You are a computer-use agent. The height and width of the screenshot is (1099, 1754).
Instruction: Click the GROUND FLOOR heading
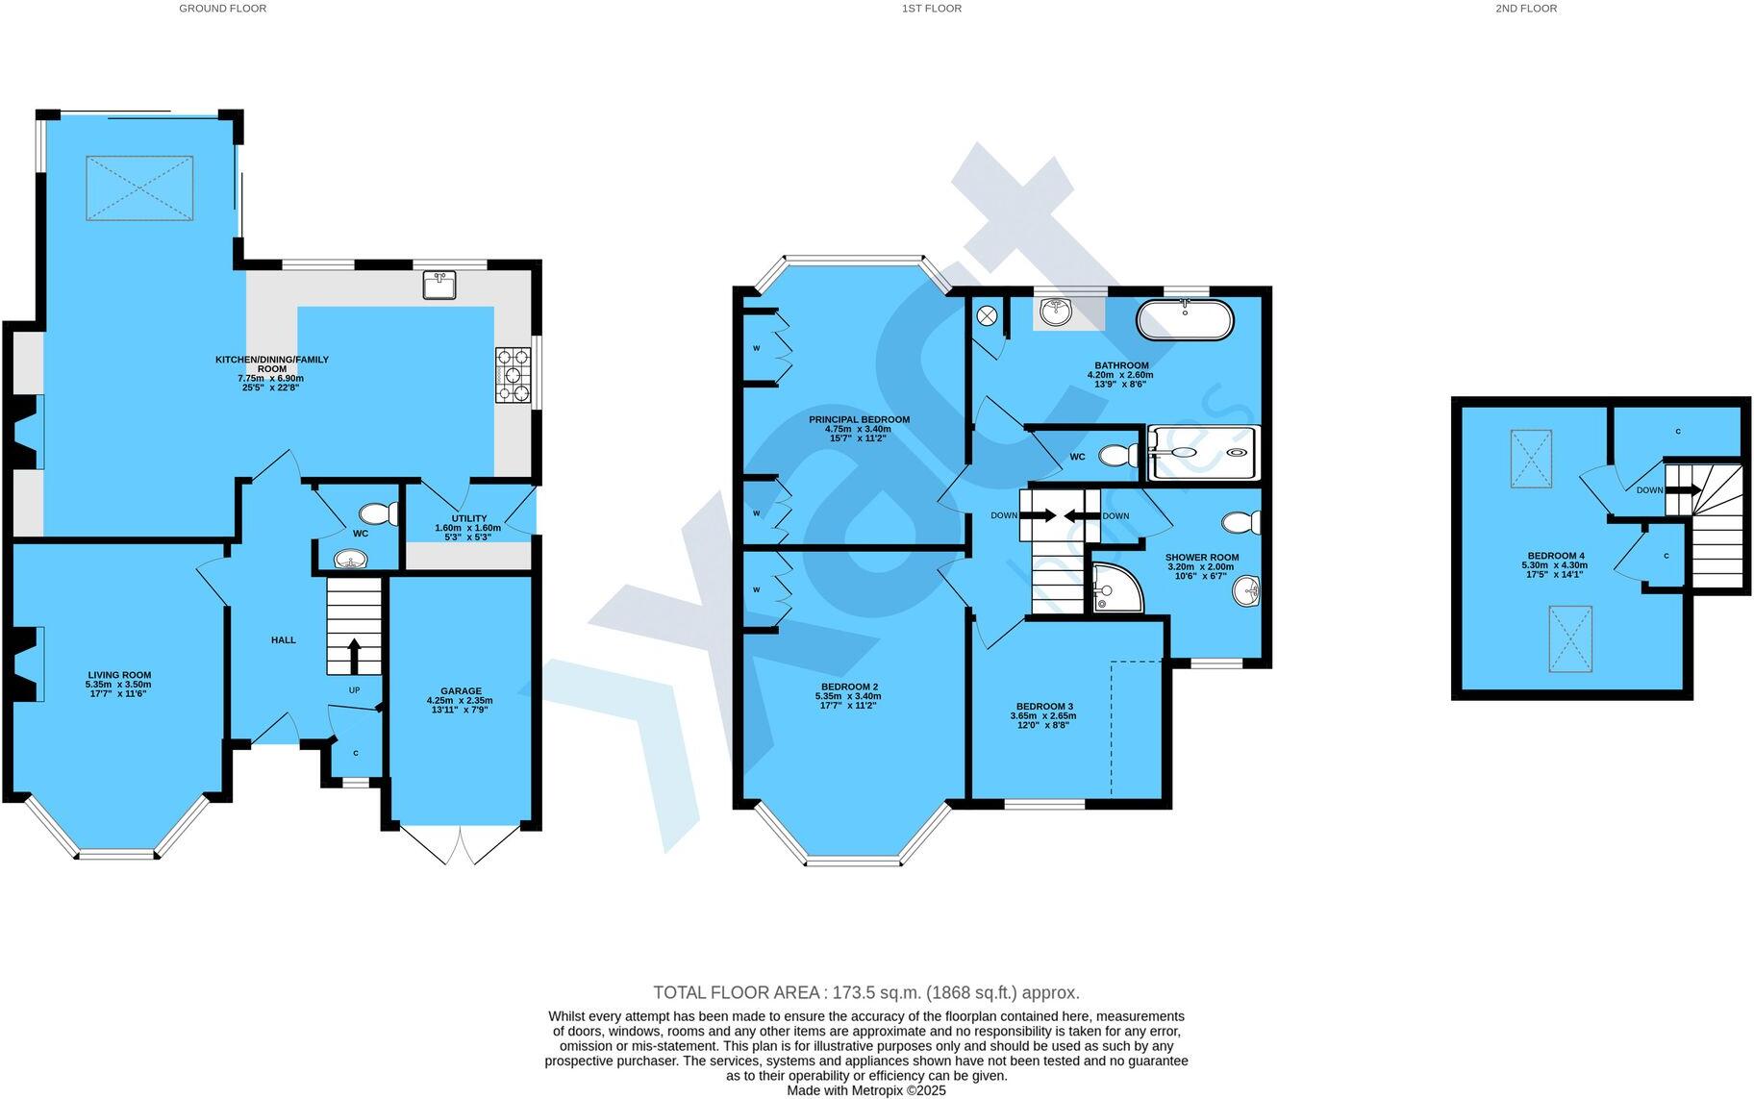222,9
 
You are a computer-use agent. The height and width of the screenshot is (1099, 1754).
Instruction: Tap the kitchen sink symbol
440,286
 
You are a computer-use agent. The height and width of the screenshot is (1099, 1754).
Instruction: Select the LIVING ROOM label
119,675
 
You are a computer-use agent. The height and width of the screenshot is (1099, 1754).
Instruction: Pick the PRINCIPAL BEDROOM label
859,420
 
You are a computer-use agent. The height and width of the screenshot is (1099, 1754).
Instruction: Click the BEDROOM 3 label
1042,706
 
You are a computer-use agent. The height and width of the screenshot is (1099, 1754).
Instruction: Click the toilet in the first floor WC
1117,455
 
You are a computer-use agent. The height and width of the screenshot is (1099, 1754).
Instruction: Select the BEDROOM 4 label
1555,556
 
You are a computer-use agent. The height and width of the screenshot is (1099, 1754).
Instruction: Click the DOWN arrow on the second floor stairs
1683,489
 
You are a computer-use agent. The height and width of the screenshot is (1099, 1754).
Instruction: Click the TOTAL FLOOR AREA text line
865,992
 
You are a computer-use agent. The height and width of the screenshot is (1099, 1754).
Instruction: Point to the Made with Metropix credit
865,1090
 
